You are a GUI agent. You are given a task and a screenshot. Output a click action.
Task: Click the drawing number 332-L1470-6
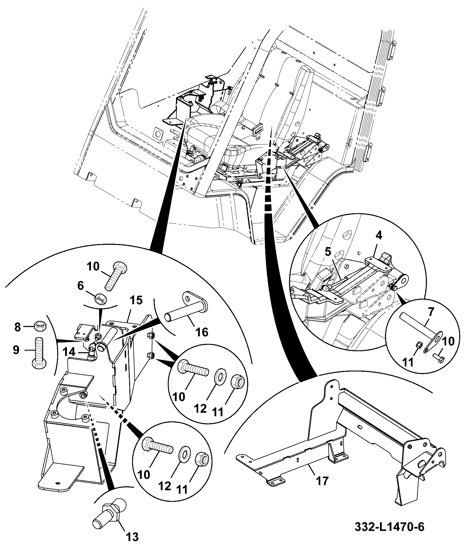click(389, 527)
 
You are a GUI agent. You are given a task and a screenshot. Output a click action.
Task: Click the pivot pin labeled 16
click(187, 310)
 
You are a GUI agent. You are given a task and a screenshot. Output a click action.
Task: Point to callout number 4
click(379, 236)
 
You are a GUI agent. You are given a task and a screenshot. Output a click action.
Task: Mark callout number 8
click(18, 327)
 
